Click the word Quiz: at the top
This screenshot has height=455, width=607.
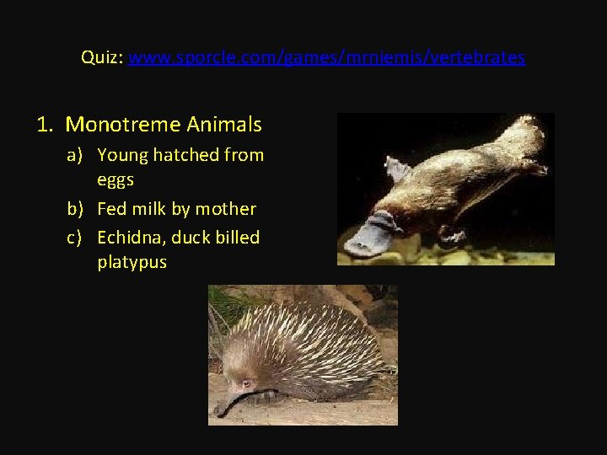(x=102, y=57)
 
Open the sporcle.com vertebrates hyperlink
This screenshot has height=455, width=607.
(x=327, y=57)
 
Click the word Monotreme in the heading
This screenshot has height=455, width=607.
(x=123, y=125)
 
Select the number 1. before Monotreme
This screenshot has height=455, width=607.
(x=46, y=125)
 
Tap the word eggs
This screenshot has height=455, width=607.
(x=115, y=179)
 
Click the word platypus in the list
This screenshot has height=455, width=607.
(x=132, y=262)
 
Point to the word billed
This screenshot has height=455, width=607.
(x=237, y=238)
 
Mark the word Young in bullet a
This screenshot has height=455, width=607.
(x=122, y=155)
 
